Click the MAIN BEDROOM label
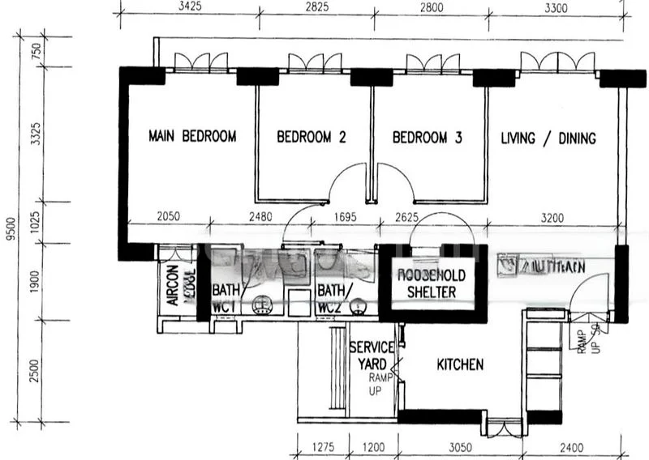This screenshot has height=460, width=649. point(192,136)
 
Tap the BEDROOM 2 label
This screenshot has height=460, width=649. point(312,138)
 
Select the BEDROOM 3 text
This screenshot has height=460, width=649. point(427,138)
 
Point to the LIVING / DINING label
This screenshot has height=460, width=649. point(548,138)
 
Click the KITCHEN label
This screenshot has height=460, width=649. point(460,365)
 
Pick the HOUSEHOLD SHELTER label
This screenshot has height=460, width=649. point(432,283)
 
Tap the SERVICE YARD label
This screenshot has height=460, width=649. point(372,355)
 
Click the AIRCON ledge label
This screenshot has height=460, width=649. point(180,284)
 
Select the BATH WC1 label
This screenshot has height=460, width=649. point(224,297)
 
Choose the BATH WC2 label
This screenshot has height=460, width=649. point(330,297)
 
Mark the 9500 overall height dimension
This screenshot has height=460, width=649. point(10,228)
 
